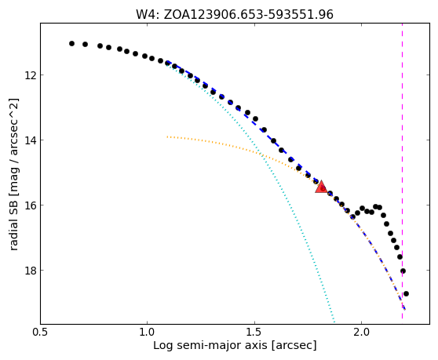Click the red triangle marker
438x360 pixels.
click(321, 187)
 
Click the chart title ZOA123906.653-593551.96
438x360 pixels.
click(248, 15)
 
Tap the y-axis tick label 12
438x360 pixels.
click(30, 75)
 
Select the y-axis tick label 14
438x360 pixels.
click(30, 140)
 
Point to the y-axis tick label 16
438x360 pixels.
click(30, 205)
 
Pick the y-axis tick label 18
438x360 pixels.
click(30, 270)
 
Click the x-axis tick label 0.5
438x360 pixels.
click(40, 333)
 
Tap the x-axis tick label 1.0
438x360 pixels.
click(148, 333)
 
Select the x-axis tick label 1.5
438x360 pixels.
click(254, 333)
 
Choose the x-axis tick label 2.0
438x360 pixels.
click(361, 333)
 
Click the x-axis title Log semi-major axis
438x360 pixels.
click(211, 345)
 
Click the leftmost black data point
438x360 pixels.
click(71, 44)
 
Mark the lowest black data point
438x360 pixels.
click(406, 293)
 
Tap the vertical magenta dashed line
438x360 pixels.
click(402, 171)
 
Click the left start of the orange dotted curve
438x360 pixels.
click(167, 136)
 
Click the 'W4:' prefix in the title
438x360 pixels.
click(148, 15)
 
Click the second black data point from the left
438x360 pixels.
click(86, 45)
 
